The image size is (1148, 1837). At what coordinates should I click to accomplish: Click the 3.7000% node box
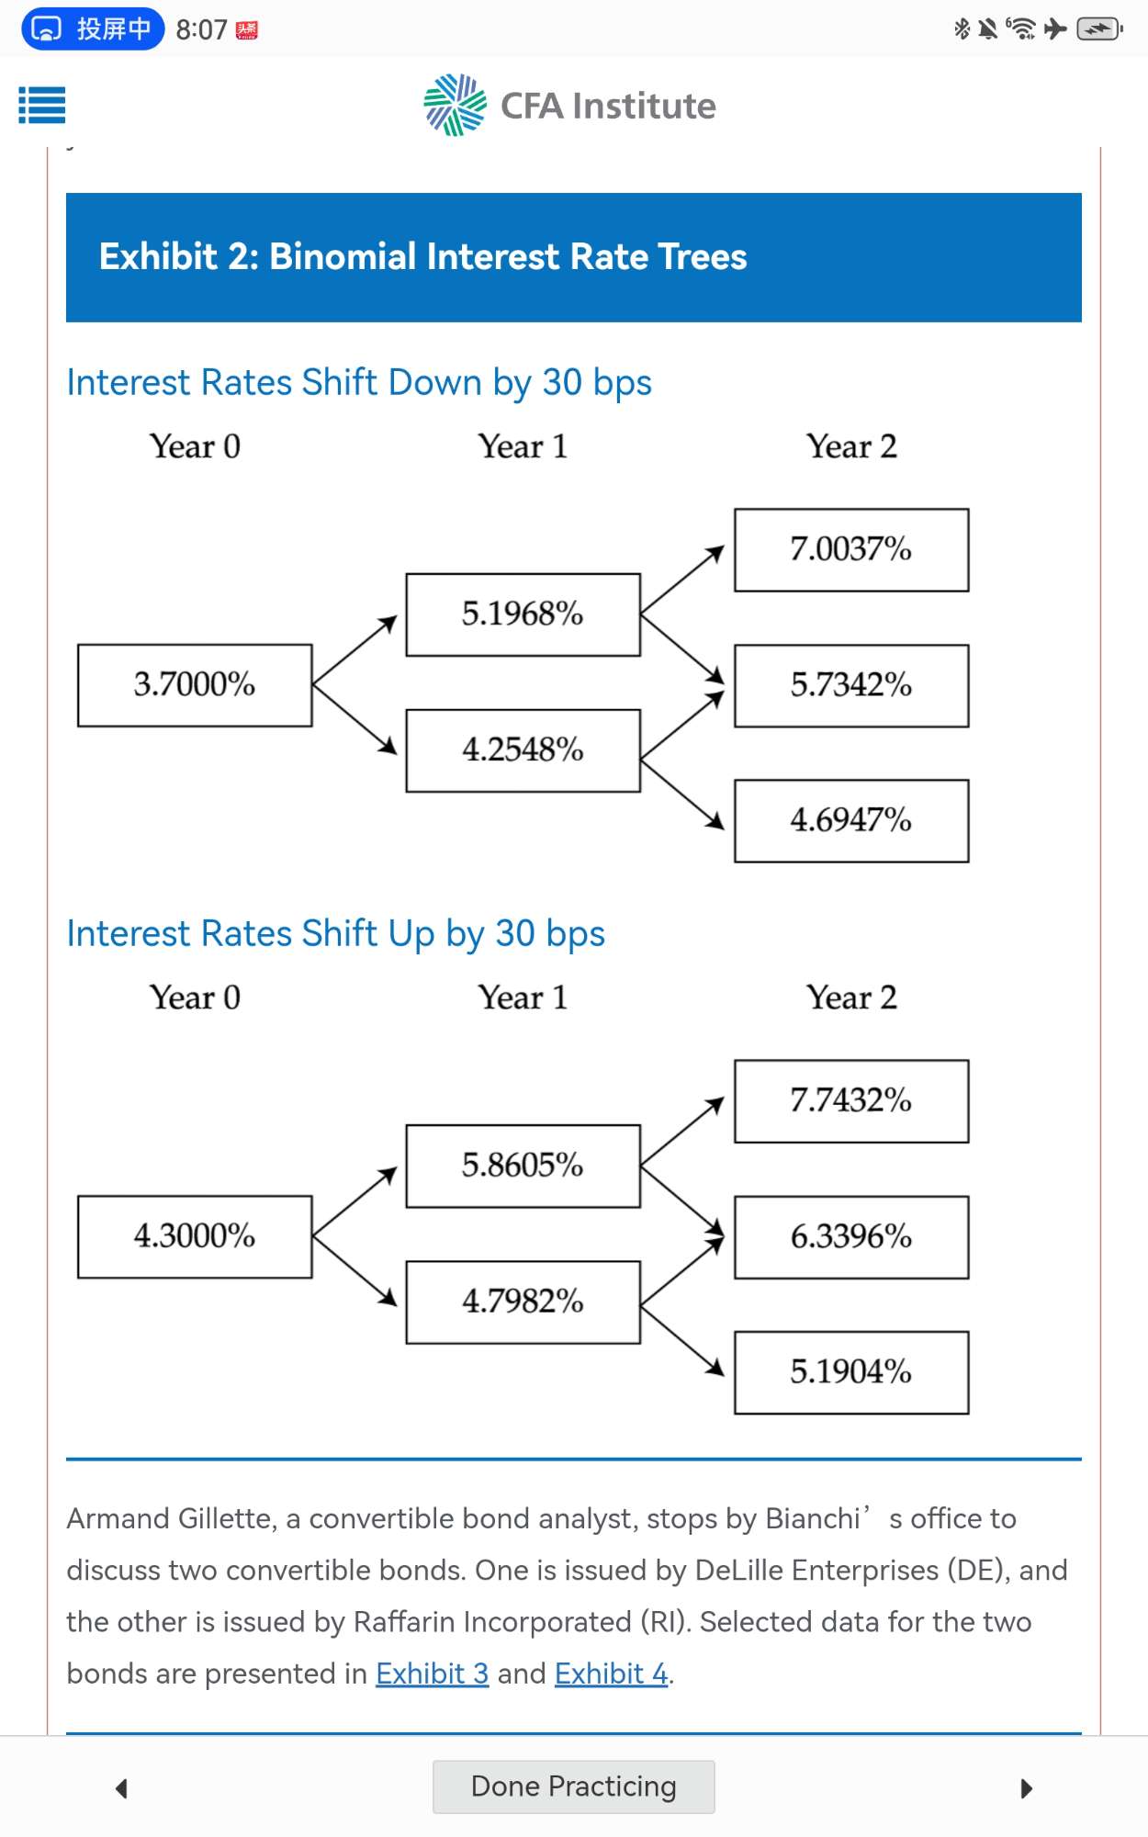(195, 685)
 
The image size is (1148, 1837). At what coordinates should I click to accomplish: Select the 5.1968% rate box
(523, 614)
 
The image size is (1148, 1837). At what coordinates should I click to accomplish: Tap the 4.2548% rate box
(523, 750)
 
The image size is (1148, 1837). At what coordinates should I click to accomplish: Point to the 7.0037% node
(850, 550)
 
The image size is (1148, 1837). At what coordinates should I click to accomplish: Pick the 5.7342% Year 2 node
(850, 686)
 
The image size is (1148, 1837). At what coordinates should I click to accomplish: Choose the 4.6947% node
(850, 821)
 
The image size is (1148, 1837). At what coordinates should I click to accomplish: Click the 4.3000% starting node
(195, 1236)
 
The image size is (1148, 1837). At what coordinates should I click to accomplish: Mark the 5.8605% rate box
(523, 1166)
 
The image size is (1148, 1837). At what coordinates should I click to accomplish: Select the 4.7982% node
(523, 1302)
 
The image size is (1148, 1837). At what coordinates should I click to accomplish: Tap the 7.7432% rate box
(850, 1101)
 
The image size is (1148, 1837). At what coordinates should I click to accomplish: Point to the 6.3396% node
(850, 1237)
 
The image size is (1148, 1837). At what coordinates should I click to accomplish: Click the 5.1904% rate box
(850, 1372)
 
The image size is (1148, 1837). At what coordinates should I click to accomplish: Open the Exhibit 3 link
(432, 1674)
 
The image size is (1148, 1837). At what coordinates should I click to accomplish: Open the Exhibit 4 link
(611, 1674)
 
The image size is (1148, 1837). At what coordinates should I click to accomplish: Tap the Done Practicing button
(573, 1786)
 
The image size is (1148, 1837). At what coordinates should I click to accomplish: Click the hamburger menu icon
(42, 105)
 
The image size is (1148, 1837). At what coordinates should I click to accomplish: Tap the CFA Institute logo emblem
(455, 105)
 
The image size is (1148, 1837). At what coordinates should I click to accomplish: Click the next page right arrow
(1026, 1787)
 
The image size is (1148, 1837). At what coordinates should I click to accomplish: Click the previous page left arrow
(121, 1787)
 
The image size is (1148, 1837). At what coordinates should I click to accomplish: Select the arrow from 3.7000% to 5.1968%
(355, 649)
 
